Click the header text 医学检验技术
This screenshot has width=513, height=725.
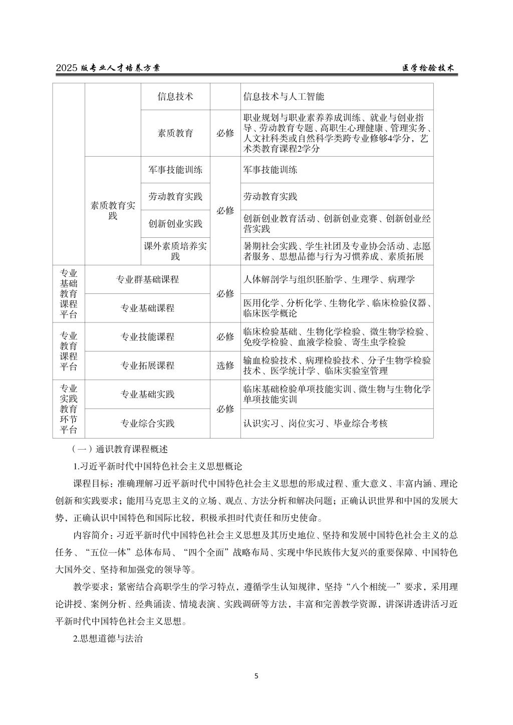(428, 69)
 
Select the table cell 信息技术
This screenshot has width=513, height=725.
(175, 97)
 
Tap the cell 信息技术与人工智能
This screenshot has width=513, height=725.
(284, 97)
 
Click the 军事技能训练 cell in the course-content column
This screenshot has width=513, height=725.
(271, 170)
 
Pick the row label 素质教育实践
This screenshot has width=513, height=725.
(113, 211)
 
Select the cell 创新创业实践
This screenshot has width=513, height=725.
(175, 224)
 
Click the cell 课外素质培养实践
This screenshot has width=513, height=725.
(175, 251)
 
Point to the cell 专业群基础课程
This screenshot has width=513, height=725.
(147, 279)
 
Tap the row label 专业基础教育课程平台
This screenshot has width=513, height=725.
(69, 294)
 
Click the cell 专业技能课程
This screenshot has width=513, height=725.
(147, 337)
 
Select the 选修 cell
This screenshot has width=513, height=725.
(225, 366)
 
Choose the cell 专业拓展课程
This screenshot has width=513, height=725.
(147, 366)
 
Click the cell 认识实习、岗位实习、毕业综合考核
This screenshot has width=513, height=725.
(316, 424)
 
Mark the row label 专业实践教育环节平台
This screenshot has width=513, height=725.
(69, 409)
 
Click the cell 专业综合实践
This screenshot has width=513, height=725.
(147, 424)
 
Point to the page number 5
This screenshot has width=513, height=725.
(256, 676)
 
